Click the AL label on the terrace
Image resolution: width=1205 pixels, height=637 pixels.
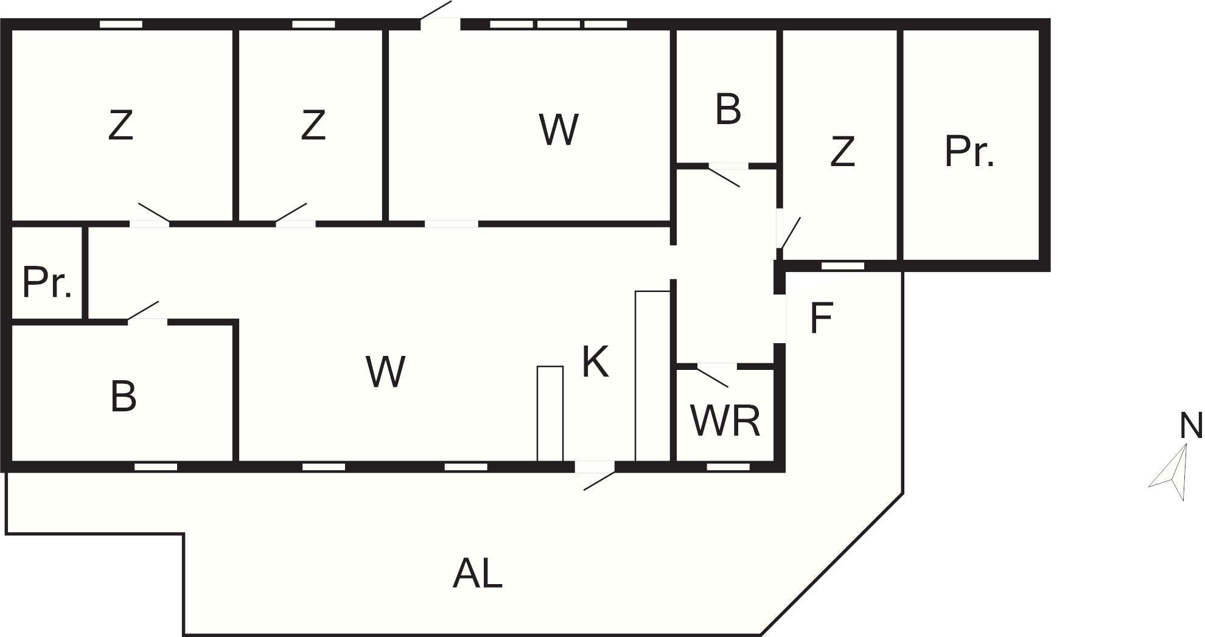(478, 574)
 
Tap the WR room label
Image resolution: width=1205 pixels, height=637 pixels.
(725, 420)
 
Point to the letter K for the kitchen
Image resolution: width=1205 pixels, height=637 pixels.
(595, 362)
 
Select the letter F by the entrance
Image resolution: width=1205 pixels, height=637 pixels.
(821, 318)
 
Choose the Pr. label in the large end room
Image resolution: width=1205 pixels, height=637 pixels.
(969, 151)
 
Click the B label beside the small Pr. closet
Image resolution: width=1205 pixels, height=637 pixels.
(123, 396)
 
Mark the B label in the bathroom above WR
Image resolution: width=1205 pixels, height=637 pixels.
(728, 110)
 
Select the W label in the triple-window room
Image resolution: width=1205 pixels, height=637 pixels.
(558, 129)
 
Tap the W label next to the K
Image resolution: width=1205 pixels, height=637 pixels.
(386, 372)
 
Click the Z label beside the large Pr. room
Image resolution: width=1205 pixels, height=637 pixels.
(842, 151)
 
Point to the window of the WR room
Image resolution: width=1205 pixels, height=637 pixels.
(728, 467)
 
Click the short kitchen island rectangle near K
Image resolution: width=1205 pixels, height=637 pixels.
(550, 413)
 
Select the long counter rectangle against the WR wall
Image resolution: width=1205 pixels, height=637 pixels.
(652, 375)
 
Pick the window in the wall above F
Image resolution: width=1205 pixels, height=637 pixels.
(843, 266)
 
